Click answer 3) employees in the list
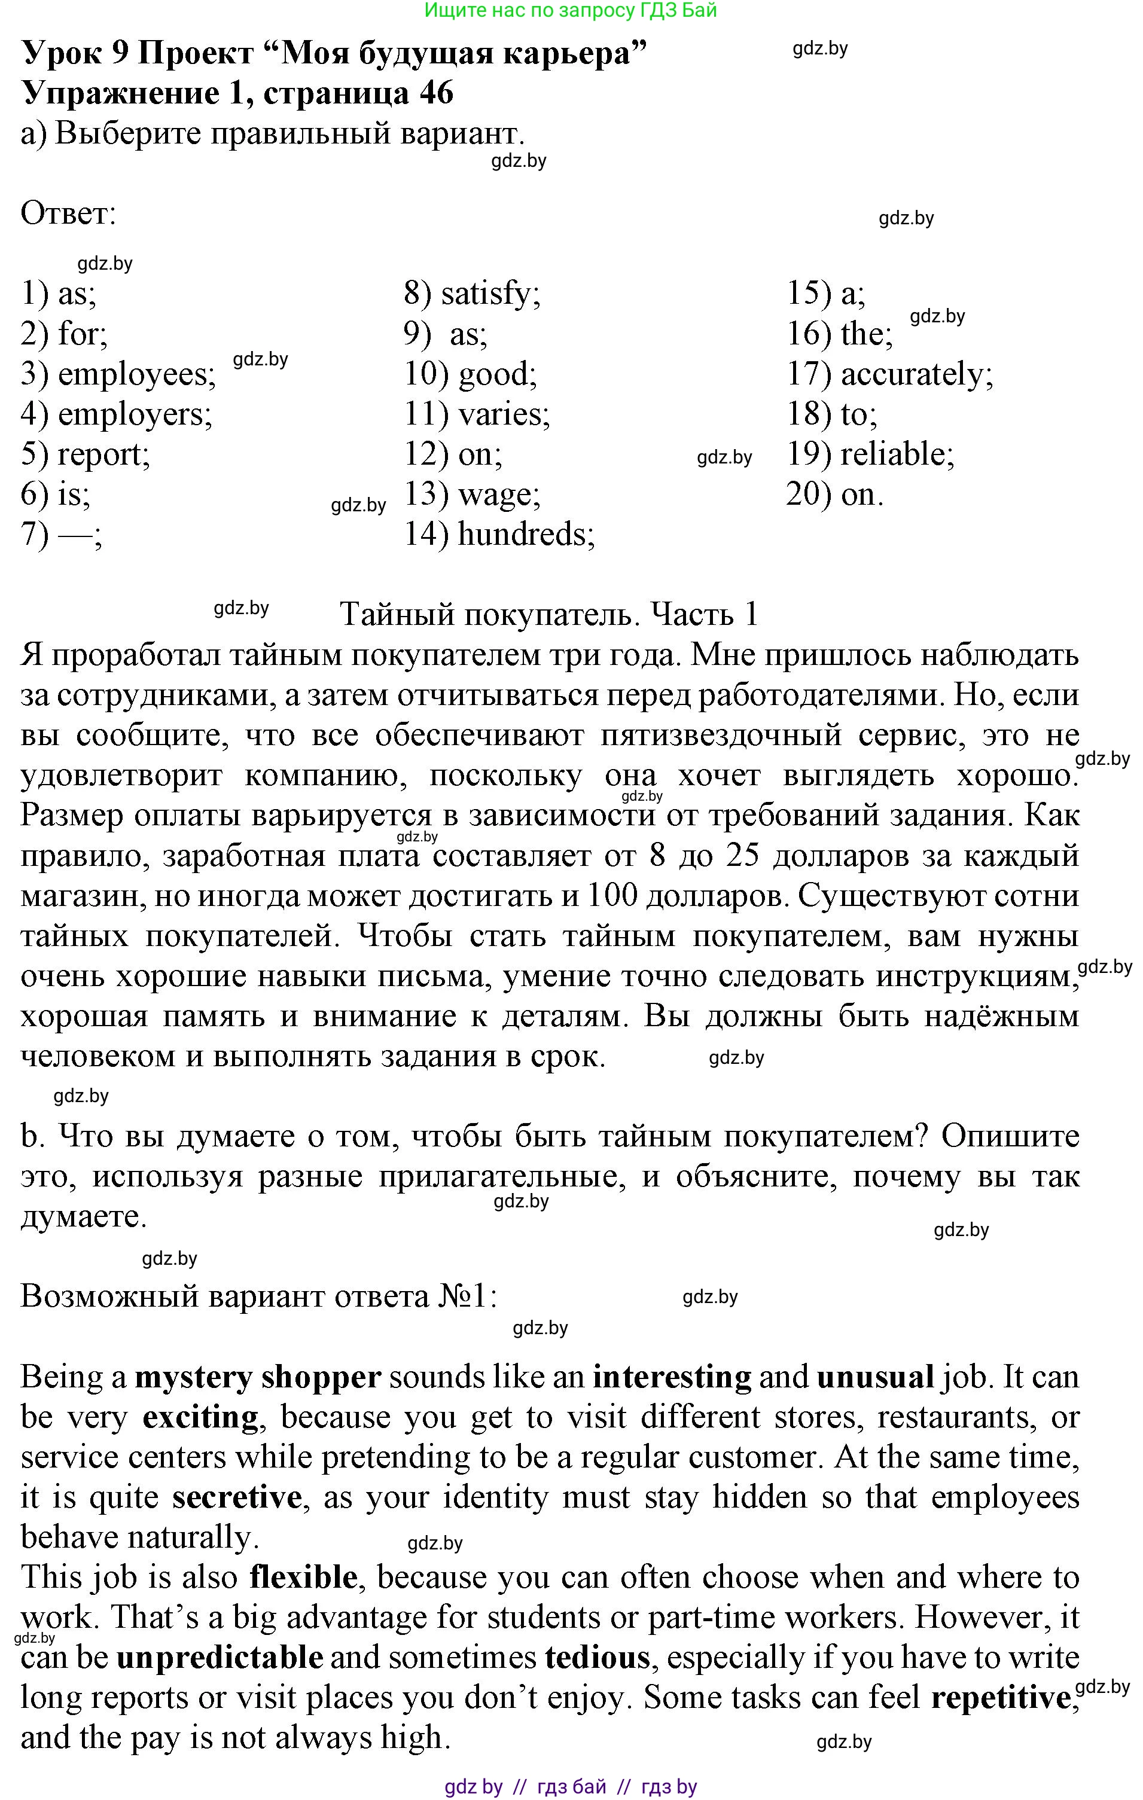(x=118, y=374)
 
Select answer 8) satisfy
(x=472, y=294)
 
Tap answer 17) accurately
(x=889, y=374)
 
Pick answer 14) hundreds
(x=499, y=535)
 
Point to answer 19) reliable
(x=870, y=454)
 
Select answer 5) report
(x=85, y=454)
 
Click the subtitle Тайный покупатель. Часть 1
(x=550, y=615)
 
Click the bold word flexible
(x=303, y=1578)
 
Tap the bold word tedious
(x=598, y=1657)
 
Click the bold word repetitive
(x=1000, y=1698)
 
